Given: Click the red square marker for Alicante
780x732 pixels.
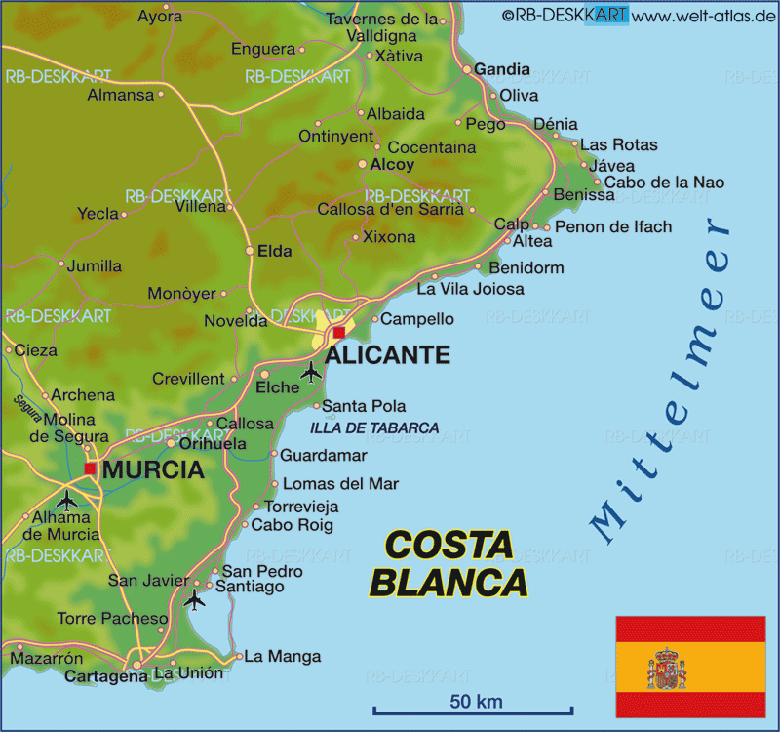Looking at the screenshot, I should pyautogui.click(x=338, y=332).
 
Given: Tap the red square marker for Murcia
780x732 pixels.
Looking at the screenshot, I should pyautogui.click(x=91, y=469).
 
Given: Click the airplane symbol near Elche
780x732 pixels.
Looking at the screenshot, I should pyautogui.click(x=311, y=371).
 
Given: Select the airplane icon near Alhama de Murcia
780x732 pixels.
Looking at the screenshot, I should pyautogui.click(x=66, y=500).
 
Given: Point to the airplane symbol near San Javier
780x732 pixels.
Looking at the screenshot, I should pyautogui.click(x=195, y=599).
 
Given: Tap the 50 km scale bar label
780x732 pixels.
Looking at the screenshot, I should pyautogui.click(x=476, y=701).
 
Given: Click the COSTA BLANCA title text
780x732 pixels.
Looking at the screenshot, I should pyautogui.click(x=449, y=563).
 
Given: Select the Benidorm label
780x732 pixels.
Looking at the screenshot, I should pyautogui.click(x=526, y=267).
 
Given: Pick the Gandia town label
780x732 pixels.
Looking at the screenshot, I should pyautogui.click(x=502, y=69).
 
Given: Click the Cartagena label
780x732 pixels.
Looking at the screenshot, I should pyautogui.click(x=105, y=675).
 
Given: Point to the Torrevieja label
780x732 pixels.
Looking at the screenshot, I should pyautogui.click(x=302, y=507).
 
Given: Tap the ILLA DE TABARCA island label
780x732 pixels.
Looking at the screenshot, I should pyautogui.click(x=374, y=427).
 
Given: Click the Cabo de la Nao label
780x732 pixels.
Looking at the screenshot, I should pyautogui.click(x=664, y=183).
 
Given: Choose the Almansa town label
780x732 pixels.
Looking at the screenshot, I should pyautogui.click(x=121, y=95).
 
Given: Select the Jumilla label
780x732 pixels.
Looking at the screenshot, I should pyautogui.click(x=95, y=265).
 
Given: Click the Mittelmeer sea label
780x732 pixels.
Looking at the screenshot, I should pyautogui.click(x=663, y=381).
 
